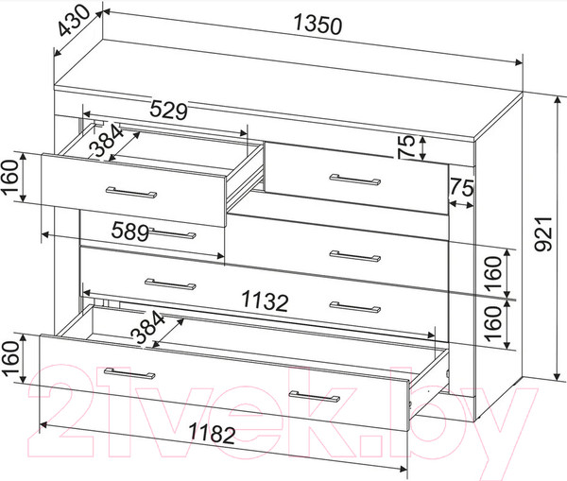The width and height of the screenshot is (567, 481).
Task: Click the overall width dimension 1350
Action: point(318,25)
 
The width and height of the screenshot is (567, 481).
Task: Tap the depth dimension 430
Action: point(74,22)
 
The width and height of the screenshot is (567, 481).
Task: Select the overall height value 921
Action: point(543,233)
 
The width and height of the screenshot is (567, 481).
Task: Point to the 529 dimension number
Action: point(169,111)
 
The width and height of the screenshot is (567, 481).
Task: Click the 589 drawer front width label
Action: point(130,232)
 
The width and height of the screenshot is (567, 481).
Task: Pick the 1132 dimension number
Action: point(265,301)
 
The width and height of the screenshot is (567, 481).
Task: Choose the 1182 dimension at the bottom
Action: point(213,433)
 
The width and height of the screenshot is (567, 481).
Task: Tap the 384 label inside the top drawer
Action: point(106,140)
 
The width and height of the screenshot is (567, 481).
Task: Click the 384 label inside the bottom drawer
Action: point(147,327)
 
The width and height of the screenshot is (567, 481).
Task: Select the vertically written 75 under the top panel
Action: point(406,146)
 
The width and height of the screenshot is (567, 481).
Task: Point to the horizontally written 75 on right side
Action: point(461,188)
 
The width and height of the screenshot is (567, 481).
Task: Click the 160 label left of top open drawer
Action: point(10,178)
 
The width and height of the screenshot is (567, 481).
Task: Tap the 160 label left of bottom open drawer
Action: point(10,358)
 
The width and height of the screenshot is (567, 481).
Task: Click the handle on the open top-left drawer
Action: point(131,193)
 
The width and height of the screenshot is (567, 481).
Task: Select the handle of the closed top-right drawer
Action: point(355,180)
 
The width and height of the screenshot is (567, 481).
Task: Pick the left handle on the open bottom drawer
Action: point(129,373)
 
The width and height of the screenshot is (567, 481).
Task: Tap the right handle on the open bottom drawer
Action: point(315,396)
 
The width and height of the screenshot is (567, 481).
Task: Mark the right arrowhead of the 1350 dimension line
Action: point(519,62)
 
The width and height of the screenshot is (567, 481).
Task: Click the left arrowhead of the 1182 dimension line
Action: point(43,424)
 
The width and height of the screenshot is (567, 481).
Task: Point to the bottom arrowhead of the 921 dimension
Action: point(558,376)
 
